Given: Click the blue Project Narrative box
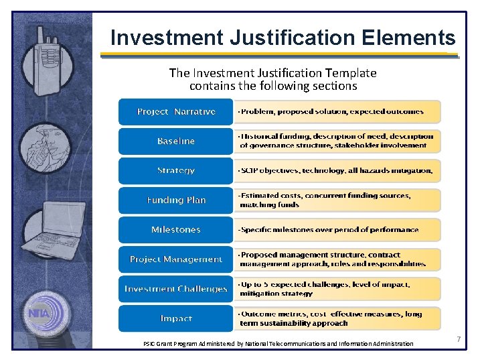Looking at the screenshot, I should (x=176, y=112).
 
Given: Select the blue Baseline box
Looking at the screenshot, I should (x=176, y=141).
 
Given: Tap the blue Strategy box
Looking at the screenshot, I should (x=176, y=171).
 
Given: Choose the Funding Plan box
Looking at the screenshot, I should (x=176, y=200).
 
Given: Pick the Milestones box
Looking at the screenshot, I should (x=176, y=230).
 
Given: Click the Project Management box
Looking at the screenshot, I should (x=176, y=259).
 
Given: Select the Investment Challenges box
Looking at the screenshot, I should (x=176, y=289).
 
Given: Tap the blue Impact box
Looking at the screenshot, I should (x=176, y=318).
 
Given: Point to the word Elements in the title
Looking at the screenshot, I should (x=409, y=38).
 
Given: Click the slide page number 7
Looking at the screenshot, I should (x=459, y=340).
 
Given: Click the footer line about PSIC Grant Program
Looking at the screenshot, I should (x=278, y=344).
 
